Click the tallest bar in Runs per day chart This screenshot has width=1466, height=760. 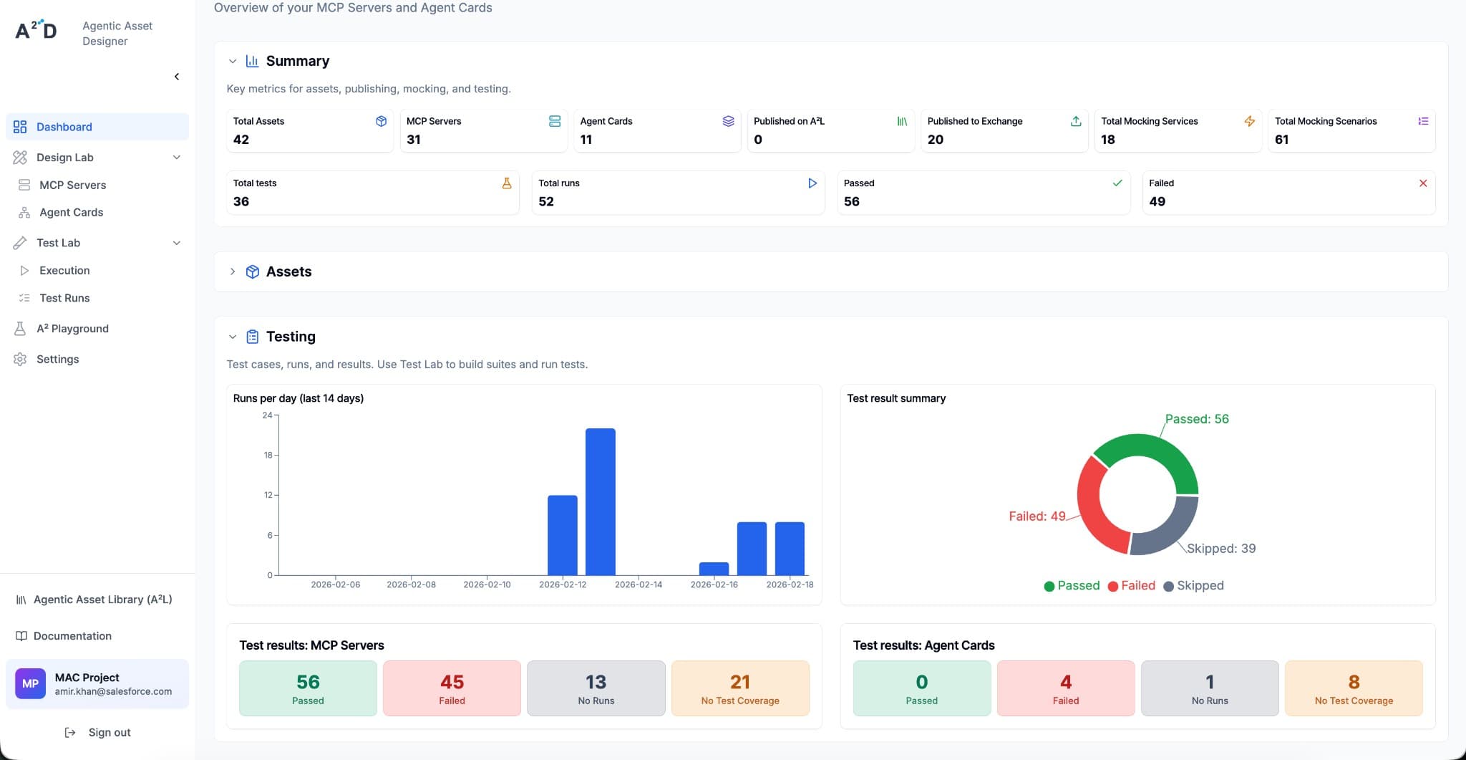[600, 501]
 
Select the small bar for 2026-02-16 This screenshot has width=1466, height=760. [714, 569]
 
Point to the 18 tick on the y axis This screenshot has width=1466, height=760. [268, 456]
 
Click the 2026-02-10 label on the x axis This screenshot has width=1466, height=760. [487, 585]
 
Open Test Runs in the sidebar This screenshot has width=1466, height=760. [64, 298]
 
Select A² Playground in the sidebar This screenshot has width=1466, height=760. [72, 329]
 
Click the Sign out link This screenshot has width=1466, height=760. [109, 733]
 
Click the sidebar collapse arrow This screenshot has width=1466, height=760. [177, 77]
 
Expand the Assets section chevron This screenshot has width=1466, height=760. [233, 271]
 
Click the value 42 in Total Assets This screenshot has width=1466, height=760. [241, 140]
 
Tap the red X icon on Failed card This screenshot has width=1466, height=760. [1423, 183]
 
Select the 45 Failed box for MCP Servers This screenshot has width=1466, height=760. [452, 688]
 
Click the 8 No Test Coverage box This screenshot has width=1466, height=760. [1354, 688]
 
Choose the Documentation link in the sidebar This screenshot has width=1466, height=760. [72, 636]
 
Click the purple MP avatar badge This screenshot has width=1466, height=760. [30, 684]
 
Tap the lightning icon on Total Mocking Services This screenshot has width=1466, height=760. [1250, 121]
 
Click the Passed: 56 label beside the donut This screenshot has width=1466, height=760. [1196, 419]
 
